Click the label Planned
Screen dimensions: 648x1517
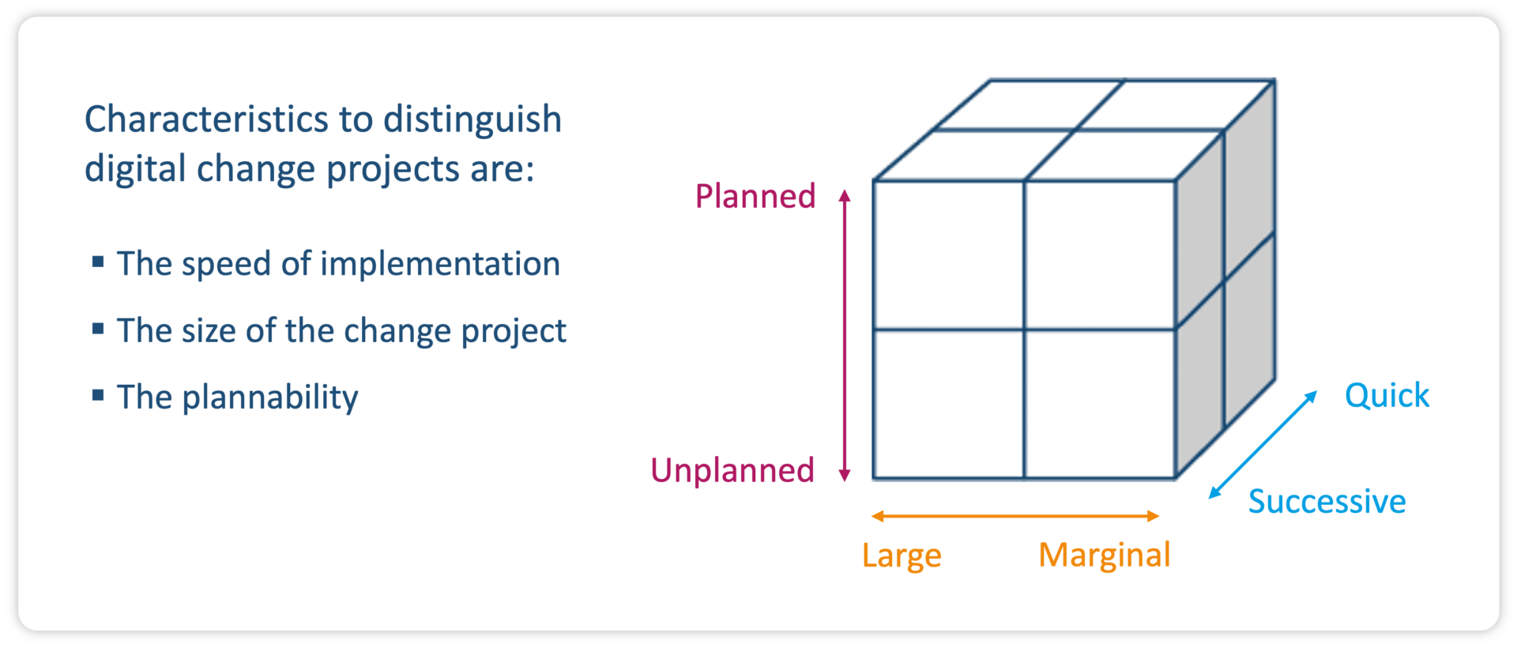755,196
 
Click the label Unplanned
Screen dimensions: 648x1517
732,470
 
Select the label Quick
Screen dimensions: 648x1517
1387,395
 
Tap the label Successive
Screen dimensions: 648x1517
1327,502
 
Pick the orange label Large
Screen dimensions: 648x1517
902,556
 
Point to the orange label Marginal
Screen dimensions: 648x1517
1104,556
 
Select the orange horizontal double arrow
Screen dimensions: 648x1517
1014,516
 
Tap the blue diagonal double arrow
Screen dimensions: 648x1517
1263,445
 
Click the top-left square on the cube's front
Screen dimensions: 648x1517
948,254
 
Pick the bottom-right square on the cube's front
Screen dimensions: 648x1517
1099,404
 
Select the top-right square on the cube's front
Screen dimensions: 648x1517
1099,254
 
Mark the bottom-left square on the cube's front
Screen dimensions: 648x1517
948,404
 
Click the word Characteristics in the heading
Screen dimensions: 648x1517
206,119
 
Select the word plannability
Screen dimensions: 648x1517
270,397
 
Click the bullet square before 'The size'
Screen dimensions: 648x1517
98,328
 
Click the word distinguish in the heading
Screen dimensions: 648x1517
472,119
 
